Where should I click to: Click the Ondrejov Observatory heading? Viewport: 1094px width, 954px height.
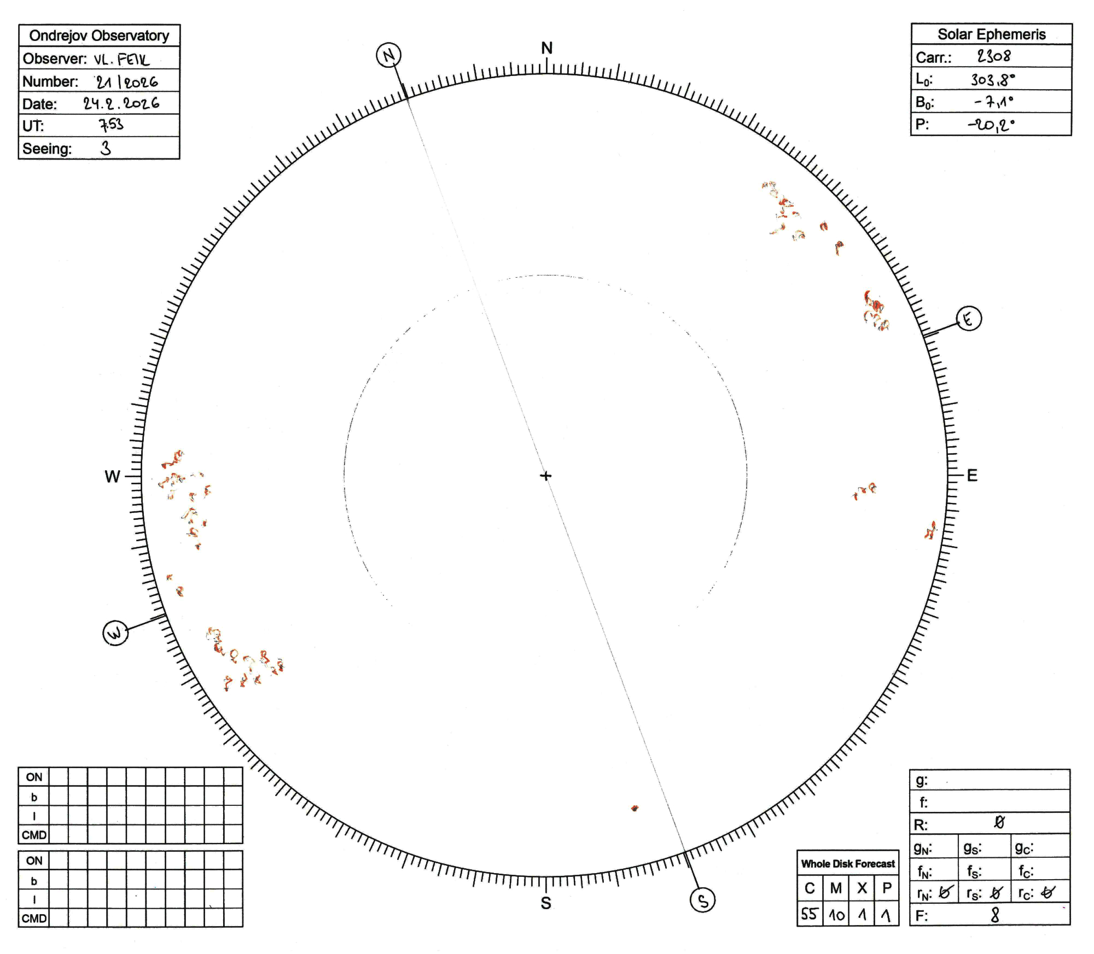pos(99,36)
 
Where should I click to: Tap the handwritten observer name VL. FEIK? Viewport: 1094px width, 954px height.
pos(121,59)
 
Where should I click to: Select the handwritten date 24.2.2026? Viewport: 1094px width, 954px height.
pos(121,103)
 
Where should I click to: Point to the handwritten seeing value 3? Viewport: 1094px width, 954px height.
pos(106,148)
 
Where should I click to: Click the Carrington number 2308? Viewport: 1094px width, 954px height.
pos(994,56)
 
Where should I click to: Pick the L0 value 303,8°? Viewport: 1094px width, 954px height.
pos(993,80)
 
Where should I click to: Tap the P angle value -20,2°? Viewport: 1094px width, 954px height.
pos(991,125)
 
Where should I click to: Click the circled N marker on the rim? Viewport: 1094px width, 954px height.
pos(388,55)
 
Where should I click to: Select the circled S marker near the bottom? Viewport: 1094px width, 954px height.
pos(703,900)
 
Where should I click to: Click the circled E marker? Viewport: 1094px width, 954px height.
pos(969,318)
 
